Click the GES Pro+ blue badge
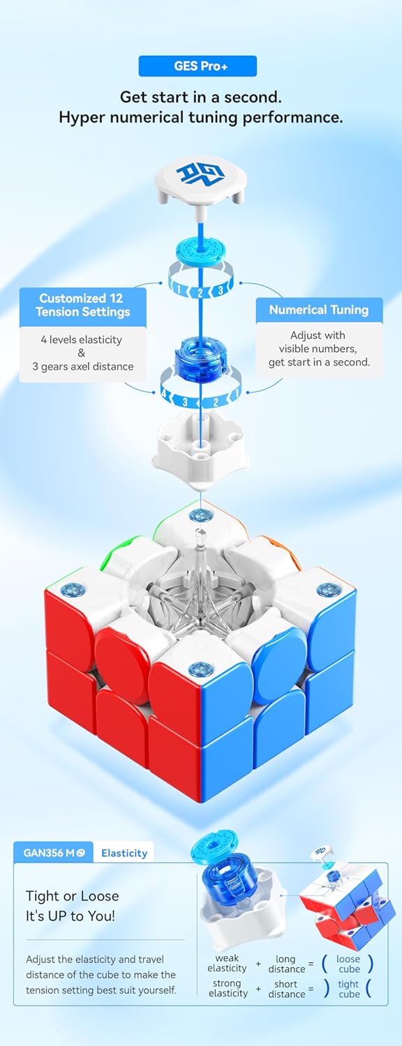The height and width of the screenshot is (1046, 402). [x=198, y=66]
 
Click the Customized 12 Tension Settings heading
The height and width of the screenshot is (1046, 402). [x=83, y=305]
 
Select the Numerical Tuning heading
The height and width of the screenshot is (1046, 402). [x=319, y=310]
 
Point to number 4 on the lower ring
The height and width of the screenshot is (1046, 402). [x=163, y=393]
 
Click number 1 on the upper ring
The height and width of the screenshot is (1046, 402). [x=179, y=289]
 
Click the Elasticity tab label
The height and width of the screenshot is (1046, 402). [x=124, y=853]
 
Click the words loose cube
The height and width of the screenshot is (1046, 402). [x=348, y=964]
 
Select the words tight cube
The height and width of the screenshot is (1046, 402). [x=349, y=989]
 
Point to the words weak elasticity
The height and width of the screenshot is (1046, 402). [x=228, y=963]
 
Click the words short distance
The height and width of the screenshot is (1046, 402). [x=286, y=989]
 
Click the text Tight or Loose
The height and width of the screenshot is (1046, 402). [x=73, y=895]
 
